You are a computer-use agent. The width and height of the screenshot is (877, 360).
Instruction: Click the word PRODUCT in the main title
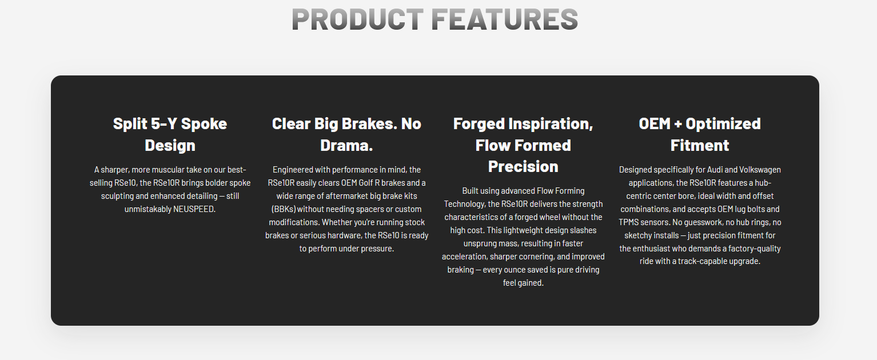(x=357, y=19)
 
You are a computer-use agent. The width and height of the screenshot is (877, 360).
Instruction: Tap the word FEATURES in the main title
(x=505, y=19)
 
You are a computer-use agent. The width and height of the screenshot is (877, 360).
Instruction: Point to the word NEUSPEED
(x=194, y=209)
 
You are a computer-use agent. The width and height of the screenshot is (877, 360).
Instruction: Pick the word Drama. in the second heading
(x=346, y=146)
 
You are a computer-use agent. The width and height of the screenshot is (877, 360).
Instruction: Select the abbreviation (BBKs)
(x=284, y=209)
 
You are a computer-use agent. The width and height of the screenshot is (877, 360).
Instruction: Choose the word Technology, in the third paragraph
(x=465, y=204)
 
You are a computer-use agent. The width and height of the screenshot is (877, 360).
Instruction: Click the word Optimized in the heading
(x=723, y=124)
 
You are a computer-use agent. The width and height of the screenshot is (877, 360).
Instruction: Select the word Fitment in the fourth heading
(x=700, y=146)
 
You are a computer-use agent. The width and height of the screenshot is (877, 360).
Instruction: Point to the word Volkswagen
(x=760, y=170)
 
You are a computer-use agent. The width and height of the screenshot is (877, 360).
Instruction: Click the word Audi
(x=715, y=170)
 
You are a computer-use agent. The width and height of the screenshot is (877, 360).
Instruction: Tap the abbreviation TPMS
(x=629, y=222)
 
